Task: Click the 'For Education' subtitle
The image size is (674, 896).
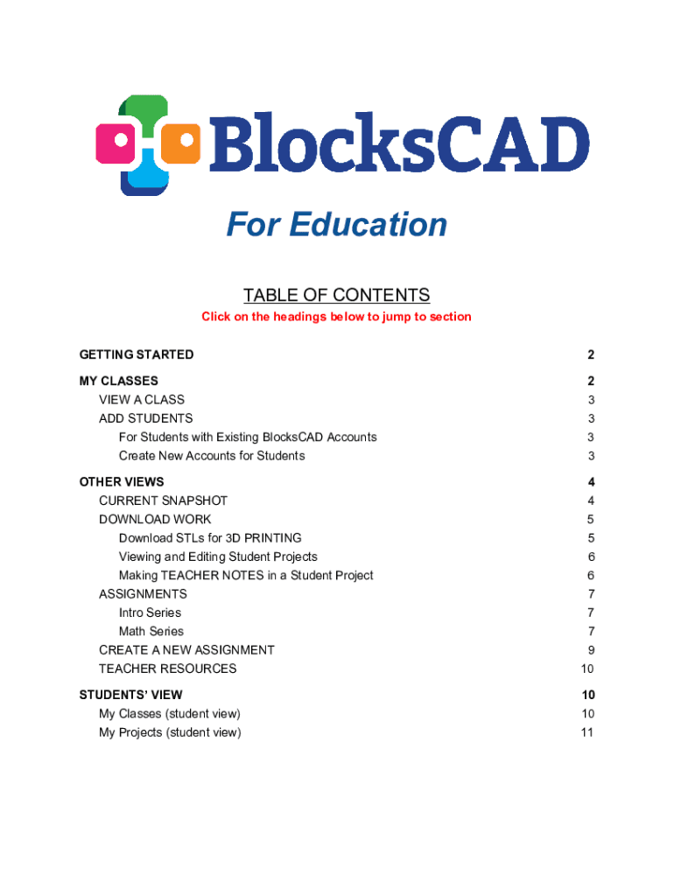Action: (x=336, y=225)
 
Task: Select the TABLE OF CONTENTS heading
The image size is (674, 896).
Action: (x=336, y=295)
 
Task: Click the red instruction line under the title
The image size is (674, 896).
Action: (x=336, y=317)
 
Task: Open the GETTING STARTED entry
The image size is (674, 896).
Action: (x=137, y=354)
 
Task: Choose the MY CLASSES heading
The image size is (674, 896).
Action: (x=119, y=381)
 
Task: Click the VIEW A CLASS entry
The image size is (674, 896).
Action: (x=142, y=400)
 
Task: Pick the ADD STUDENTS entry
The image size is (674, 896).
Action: (x=146, y=418)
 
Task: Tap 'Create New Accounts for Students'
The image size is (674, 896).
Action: (x=212, y=456)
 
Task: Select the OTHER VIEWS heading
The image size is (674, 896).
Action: (x=122, y=482)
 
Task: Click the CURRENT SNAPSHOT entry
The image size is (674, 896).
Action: (x=163, y=500)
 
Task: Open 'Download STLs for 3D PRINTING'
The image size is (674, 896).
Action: (x=210, y=538)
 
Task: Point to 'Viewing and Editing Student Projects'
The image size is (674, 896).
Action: (x=218, y=556)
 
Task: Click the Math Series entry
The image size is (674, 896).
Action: (x=151, y=632)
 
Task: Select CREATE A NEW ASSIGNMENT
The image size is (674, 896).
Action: (x=186, y=650)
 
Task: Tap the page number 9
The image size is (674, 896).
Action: (x=591, y=650)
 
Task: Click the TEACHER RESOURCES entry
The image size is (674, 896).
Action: (x=167, y=668)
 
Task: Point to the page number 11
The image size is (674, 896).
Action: (x=586, y=732)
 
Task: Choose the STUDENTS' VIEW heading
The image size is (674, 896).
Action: (x=131, y=695)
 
